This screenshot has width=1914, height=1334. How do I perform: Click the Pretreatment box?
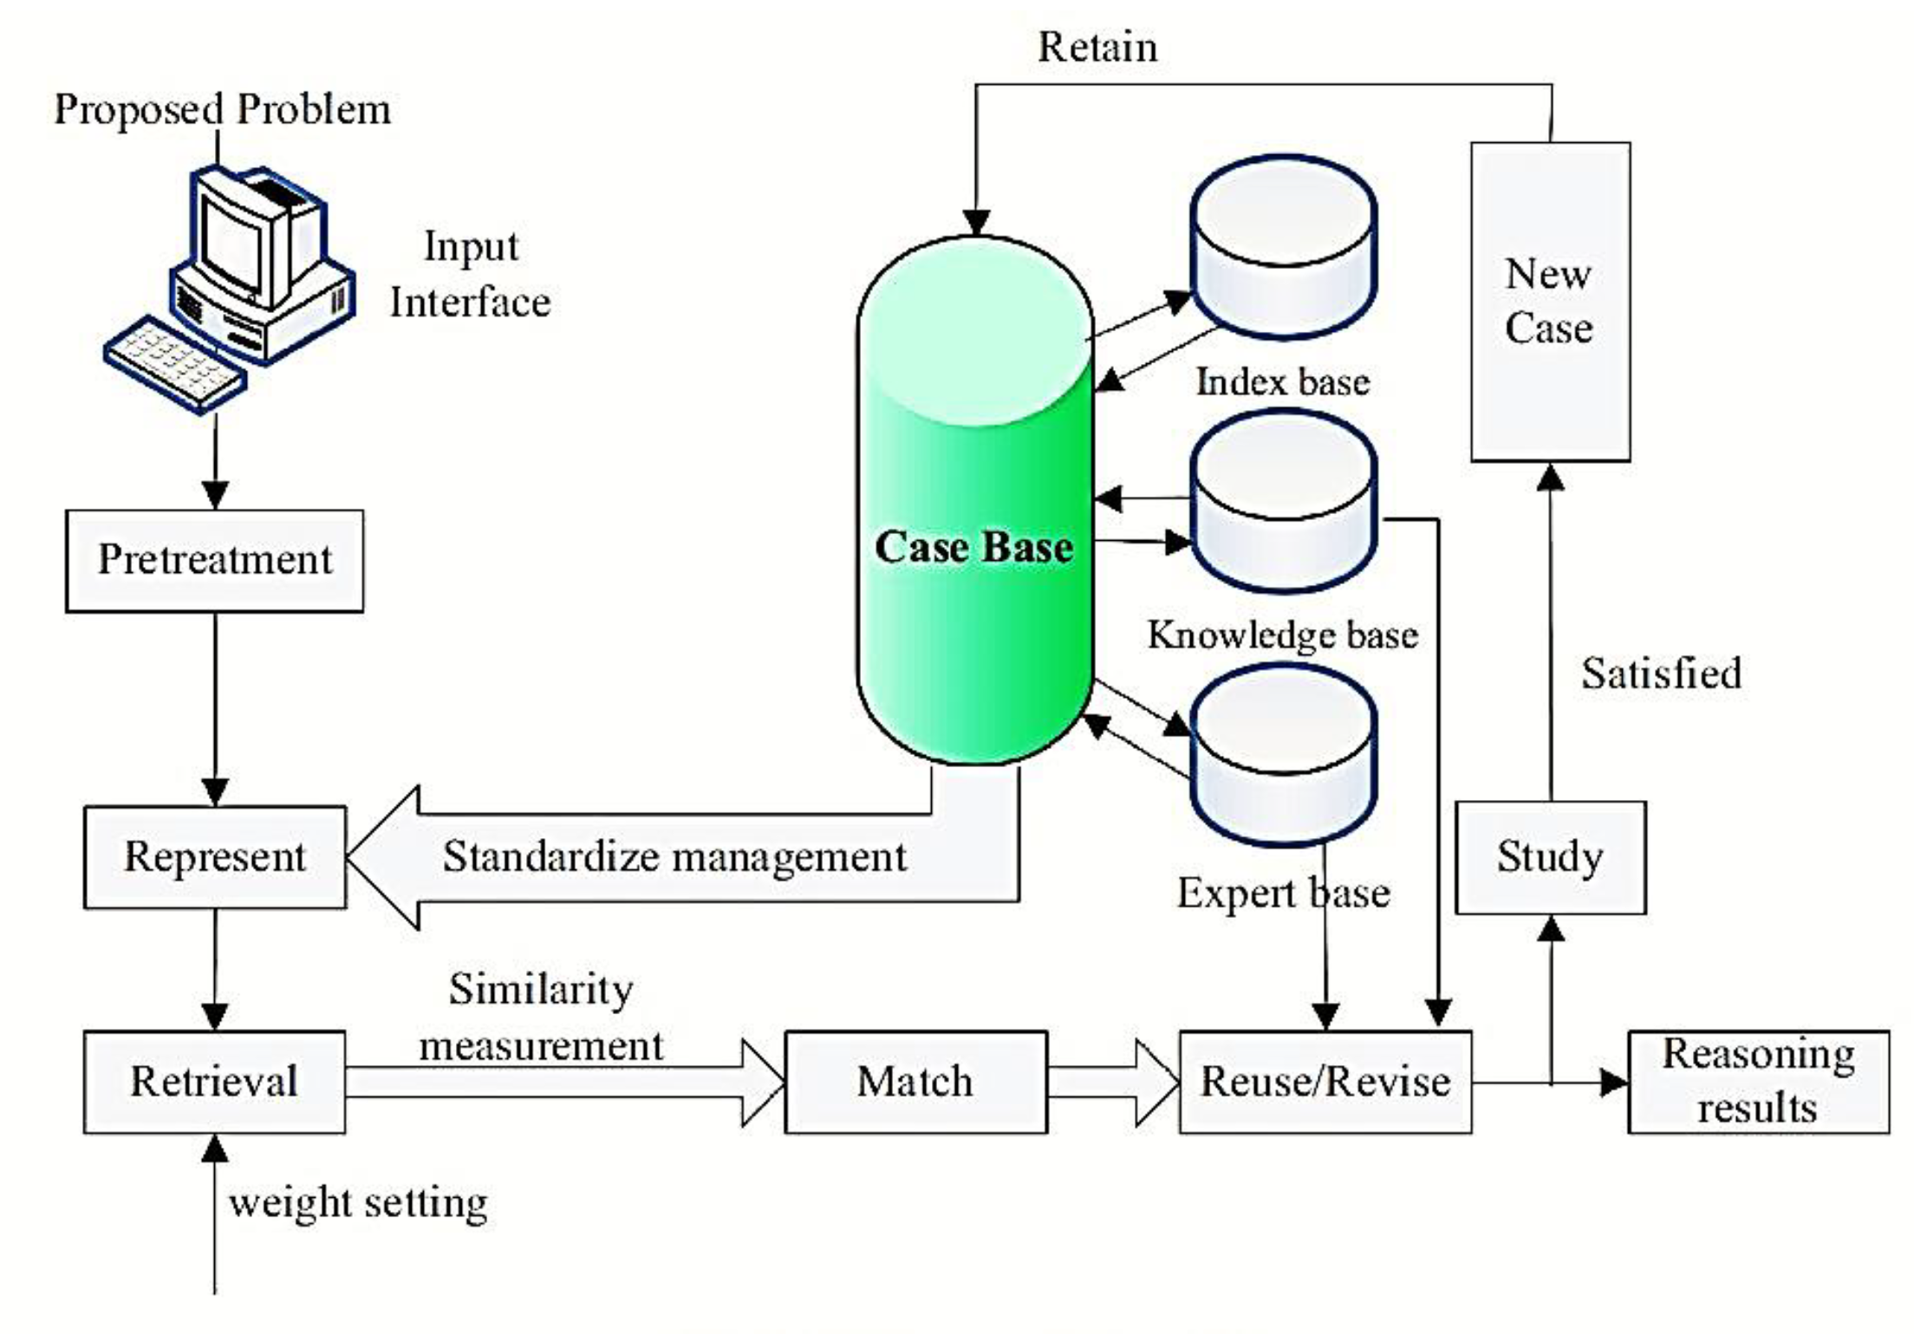[214, 561]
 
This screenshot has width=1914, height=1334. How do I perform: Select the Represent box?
[214, 857]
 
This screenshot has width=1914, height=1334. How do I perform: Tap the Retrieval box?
[214, 1082]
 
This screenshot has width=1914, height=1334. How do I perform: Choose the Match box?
[915, 1082]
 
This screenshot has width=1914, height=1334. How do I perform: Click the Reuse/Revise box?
[1325, 1082]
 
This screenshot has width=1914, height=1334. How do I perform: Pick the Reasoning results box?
[1757, 1082]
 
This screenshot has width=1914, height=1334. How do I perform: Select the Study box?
[1550, 857]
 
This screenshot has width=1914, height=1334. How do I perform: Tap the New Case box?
[1550, 302]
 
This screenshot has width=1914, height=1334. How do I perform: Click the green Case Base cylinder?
[974, 520]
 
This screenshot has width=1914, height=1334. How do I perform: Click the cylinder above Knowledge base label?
[1284, 503]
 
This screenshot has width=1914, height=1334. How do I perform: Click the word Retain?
[1097, 47]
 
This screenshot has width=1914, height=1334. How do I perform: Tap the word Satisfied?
[1661, 674]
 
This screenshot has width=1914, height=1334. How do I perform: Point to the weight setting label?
[358, 1203]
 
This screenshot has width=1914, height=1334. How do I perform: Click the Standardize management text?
[674, 857]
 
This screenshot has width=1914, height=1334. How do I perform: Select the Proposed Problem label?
[222, 110]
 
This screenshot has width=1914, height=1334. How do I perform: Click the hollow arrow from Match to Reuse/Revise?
[1113, 1082]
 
